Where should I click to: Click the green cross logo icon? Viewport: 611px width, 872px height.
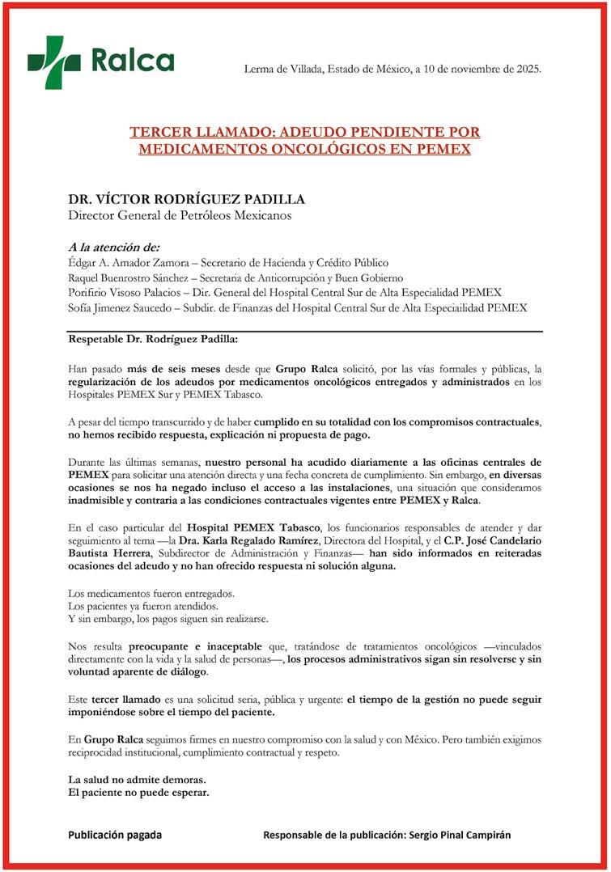pyautogui.click(x=54, y=61)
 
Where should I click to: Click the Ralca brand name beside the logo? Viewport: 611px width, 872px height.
pyautogui.click(x=132, y=61)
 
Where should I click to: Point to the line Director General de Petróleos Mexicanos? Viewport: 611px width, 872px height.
pyautogui.click(x=179, y=215)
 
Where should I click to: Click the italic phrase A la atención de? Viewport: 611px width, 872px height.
pyautogui.click(x=114, y=247)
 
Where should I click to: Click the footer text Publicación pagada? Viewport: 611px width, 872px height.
pyautogui.click(x=115, y=835)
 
